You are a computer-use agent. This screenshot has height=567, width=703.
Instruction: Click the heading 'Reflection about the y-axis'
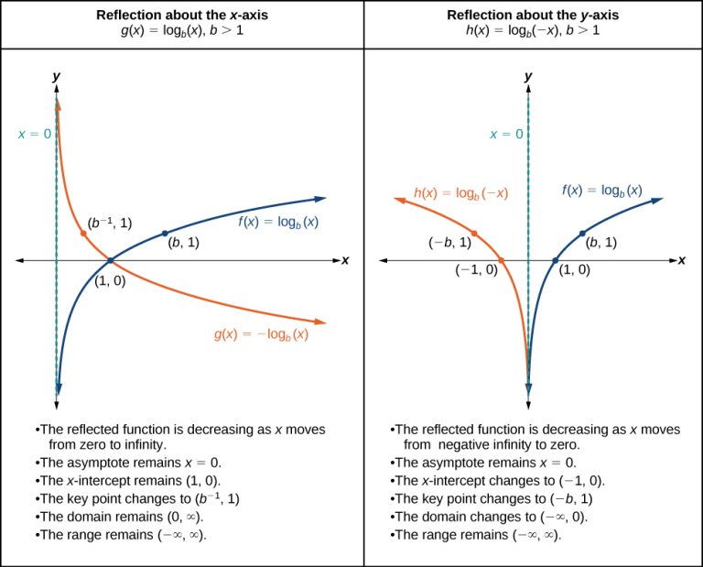pos(533,16)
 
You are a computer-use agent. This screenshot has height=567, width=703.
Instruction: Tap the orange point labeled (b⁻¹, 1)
pos(83,234)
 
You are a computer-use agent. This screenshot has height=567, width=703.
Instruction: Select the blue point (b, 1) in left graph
pos(165,233)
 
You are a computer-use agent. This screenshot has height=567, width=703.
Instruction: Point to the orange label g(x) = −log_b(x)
pos(261,334)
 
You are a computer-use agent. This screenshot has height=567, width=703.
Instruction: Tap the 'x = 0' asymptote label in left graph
pos(34,134)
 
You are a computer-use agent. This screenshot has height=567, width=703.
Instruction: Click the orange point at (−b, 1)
pos(474,233)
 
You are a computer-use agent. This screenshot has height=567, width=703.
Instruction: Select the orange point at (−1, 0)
pos(502,261)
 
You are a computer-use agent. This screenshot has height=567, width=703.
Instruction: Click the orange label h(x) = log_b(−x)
pos(460,193)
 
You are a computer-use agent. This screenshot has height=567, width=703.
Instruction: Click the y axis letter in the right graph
pos(528,76)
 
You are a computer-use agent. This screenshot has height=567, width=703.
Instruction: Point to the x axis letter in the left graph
pos(345,260)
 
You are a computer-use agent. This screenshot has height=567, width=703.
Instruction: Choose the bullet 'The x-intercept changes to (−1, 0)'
pos(499,481)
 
